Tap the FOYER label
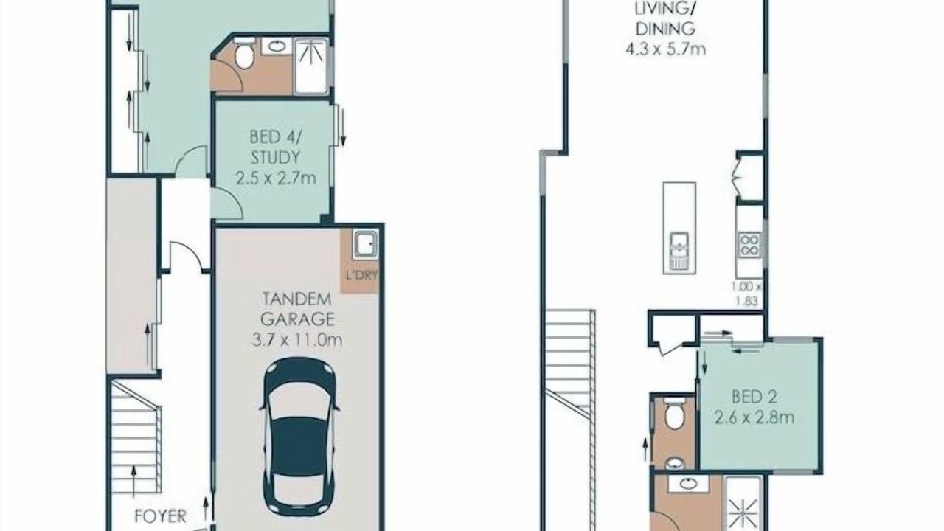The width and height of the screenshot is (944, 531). pyautogui.click(x=160, y=516)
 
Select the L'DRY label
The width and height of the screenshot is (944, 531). pyautogui.click(x=361, y=275)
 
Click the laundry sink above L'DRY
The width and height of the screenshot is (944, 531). pyautogui.click(x=365, y=244)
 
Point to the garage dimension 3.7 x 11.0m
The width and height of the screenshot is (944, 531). pyautogui.click(x=296, y=340)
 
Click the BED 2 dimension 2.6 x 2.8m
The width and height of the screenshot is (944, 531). pyautogui.click(x=754, y=417)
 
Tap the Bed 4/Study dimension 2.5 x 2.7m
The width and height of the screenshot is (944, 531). pyautogui.click(x=276, y=178)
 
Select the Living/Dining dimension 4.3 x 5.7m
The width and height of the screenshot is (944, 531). pyautogui.click(x=665, y=49)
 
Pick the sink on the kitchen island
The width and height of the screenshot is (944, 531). pyautogui.click(x=679, y=251)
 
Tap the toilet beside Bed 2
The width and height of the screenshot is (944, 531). pyautogui.click(x=674, y=413)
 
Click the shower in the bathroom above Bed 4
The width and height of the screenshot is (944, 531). pyautogui.click(x=311, y=66)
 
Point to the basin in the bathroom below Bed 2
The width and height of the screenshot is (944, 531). pyautogui.click(x=688, y=484)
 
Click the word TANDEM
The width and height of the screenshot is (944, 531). pyautogui.click(x=296, y=299)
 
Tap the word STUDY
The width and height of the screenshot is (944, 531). pyautogui.click(x=276, y=158)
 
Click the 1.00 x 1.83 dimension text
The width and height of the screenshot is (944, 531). pyautogui.click(x=747, y=294)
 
